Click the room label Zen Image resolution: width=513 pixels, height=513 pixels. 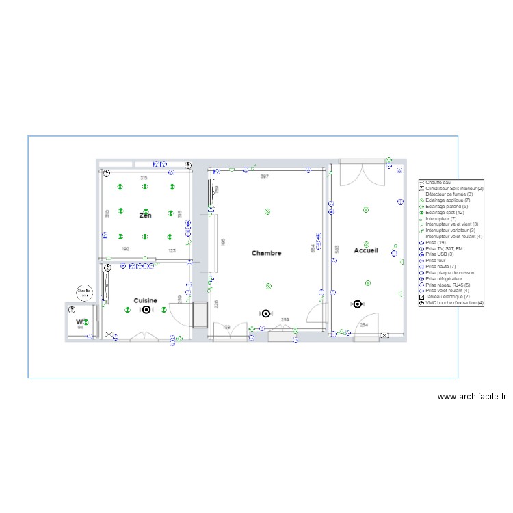click(x=145, y=215)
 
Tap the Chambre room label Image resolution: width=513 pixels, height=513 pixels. click(x=266, y=253)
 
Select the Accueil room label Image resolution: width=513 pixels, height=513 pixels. click(x=365, y=251)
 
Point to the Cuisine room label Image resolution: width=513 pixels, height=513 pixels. click(x=145, y=300)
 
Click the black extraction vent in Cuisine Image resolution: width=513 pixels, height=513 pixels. click(x=146, y=310)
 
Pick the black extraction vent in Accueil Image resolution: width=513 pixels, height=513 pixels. click(x=357, y=304)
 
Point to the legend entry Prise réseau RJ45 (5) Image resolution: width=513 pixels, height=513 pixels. click(x=447, y=285)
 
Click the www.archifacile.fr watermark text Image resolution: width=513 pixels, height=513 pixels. click(x=471, y=396)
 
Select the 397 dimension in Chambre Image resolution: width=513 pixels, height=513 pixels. click(x=265, y=176)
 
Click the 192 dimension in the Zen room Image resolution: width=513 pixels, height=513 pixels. click(x=125, y=250)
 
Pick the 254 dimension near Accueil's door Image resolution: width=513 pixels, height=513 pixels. click(x=364, y=325)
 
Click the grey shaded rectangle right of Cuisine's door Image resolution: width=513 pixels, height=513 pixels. click(x=200, y=315)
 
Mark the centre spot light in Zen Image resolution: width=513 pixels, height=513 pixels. click(x=145, y=211)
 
